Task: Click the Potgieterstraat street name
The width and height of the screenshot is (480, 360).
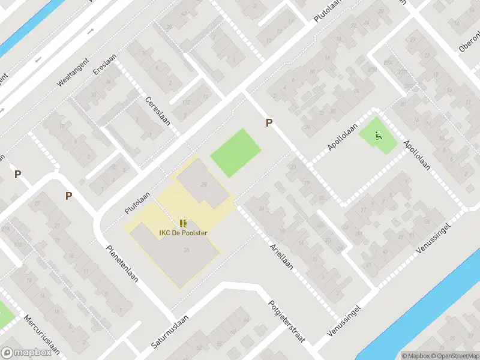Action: [x=286, y=322]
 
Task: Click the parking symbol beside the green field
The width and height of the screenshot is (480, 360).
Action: [x=269, y=122]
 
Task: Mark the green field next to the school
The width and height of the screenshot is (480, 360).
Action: [x=236, y=152]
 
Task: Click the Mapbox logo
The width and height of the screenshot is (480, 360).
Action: [x=26, y=353]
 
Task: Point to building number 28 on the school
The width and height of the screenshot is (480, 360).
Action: [x=204, y=184]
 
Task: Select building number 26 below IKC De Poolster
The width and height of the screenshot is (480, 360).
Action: [x=187, y=250]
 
